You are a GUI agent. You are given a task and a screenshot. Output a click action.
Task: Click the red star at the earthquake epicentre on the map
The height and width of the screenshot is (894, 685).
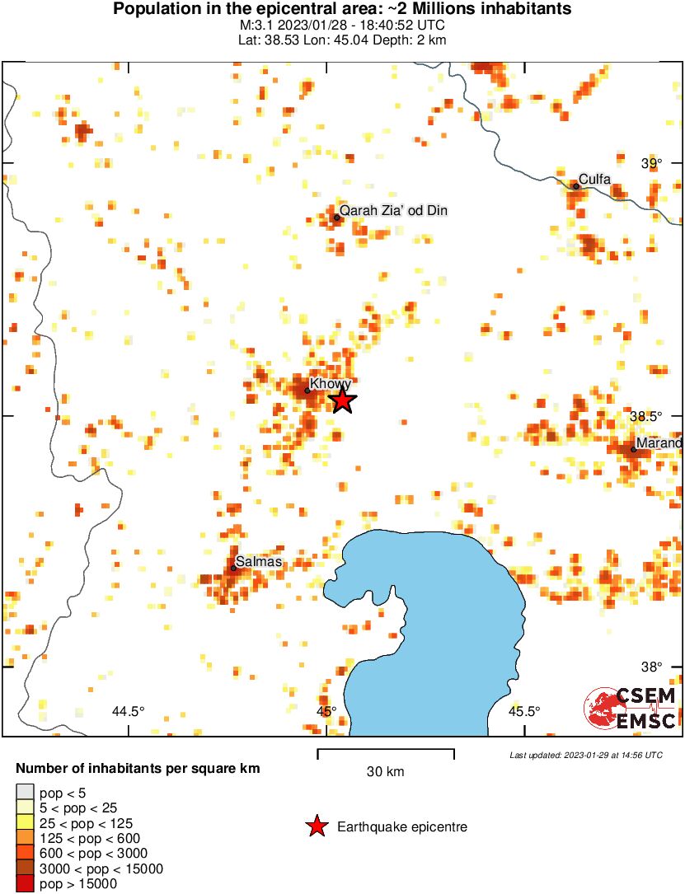[x=342, y=400]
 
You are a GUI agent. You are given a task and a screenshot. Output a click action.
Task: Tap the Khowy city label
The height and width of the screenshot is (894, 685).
[x=330, y=384]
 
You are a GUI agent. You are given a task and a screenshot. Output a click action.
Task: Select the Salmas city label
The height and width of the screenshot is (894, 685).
[x=259, y=562]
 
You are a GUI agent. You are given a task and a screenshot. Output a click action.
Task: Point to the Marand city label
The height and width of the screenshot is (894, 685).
[x=659, y=443]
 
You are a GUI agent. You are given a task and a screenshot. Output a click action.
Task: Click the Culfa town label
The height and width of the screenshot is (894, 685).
[x=594, y=178]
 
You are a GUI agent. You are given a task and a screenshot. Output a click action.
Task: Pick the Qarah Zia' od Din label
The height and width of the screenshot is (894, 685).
[x=393, y=211]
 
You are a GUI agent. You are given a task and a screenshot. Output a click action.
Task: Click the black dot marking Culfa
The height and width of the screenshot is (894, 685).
[x=576, y=186]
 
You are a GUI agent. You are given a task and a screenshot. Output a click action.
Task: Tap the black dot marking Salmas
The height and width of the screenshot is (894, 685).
[x=234, y=568]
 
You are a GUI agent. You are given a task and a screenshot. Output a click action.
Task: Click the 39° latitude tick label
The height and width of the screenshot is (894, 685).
[x=652, y=163]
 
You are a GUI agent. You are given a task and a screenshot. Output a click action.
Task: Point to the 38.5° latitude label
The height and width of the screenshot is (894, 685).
[x=647, y=416]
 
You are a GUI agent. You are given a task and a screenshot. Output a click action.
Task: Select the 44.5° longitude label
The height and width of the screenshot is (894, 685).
[x=129, y=711]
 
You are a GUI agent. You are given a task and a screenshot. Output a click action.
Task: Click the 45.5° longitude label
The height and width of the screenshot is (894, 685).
[x=524, y=711]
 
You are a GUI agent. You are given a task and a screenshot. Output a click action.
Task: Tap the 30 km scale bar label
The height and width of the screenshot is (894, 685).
[x=385, y=772]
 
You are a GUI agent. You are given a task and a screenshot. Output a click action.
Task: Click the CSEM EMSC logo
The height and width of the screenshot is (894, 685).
[x=631, y=709]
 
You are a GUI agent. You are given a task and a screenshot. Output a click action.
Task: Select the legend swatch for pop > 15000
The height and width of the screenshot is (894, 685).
[x=25, y=884]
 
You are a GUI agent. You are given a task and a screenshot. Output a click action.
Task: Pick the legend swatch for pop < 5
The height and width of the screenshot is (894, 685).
[x=25, y=793]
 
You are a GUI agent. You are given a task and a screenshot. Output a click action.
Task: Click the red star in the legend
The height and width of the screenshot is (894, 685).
[x=317, y=826]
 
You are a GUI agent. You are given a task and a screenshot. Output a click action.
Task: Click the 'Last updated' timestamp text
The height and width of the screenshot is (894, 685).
[x=585, y=755]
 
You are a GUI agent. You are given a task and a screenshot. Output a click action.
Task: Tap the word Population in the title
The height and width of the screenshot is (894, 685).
[x=152, y=10]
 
